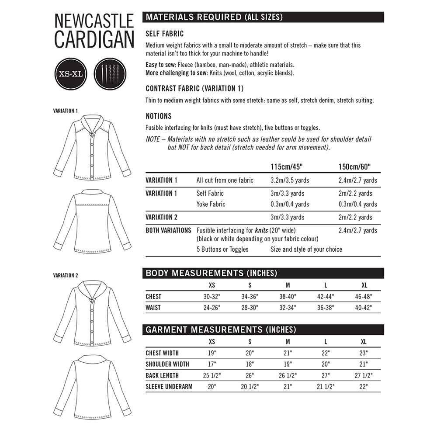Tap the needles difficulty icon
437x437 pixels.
(110, 73)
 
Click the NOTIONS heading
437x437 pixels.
(158, 116)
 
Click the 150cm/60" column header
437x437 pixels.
(354, 167)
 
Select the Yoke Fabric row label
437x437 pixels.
(211, 204)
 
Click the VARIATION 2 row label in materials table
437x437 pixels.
(161, 217)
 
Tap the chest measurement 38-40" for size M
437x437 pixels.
(288, 296)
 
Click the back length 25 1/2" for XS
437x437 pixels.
(212, 375)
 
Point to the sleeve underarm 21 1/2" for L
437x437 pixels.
(326, 386)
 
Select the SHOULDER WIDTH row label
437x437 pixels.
(167, 364)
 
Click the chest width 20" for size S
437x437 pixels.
(250, 353)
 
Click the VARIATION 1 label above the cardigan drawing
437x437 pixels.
(65, 111)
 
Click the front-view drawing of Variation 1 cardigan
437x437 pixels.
(92, 147)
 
